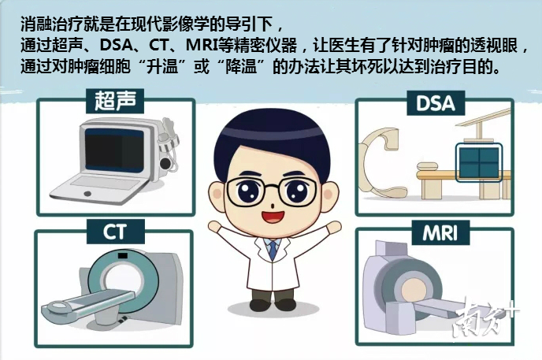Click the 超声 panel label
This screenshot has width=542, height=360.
point(115,101)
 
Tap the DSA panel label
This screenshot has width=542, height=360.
point(435,103)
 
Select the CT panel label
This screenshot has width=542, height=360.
point(115,232)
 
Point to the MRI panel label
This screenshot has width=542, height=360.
point(440,233)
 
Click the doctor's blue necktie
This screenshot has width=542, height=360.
point(273,250)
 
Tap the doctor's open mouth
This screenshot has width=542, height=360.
point(273,217)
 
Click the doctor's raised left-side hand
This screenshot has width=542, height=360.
point(215,227)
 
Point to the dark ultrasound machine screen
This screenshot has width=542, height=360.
point(114,150)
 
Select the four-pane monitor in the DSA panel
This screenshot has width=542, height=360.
point(479,162)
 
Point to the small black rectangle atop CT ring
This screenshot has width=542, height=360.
point(123,256)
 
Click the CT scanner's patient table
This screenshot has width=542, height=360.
point(88,303)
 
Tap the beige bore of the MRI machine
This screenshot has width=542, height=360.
point(415,290)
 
